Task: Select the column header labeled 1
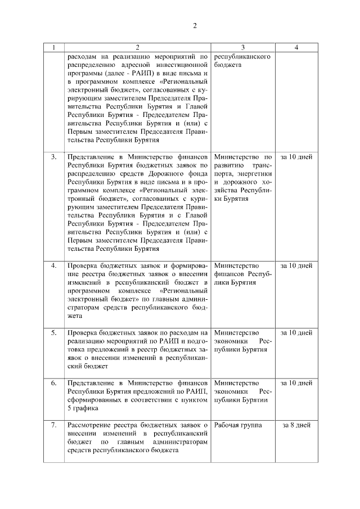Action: (54, 48)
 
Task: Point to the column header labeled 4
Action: (296, 48)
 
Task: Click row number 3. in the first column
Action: (54, 157)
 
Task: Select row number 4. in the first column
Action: (54, 265)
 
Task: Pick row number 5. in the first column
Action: (54, 333)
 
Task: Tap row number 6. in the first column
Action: (54, 384)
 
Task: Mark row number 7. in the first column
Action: (54, 426)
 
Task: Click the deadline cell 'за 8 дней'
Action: (296, 426)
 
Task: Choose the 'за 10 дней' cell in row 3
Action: (296, 157)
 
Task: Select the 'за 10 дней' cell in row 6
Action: (296, 384)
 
